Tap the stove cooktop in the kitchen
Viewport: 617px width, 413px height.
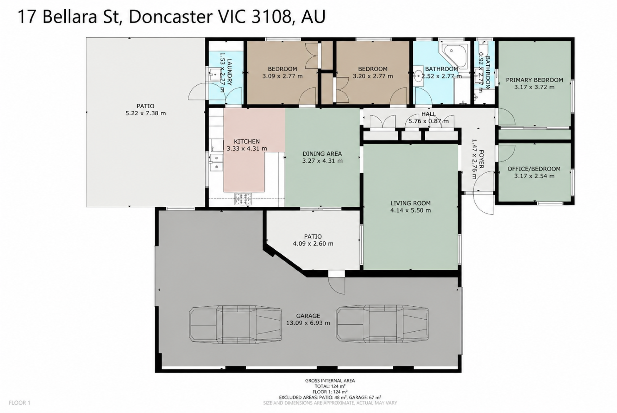(243, 199)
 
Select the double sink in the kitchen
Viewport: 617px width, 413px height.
(216, 162)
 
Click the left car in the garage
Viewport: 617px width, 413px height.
(235, 325)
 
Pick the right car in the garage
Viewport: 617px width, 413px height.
(382, 324)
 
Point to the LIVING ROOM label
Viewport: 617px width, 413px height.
(410, 203)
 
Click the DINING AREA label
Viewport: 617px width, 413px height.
(322, 153)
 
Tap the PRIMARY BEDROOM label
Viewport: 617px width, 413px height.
(534, 80)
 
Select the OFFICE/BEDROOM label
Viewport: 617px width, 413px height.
(534, 169)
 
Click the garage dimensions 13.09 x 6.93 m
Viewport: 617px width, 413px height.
(308, 323)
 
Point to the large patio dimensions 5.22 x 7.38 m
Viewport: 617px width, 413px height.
(146, 113)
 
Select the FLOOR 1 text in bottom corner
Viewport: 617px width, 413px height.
(19, 403)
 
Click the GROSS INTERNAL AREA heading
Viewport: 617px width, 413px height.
(330, 381)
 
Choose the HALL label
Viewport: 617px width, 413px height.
(429, 114)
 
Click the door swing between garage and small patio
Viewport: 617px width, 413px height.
(336, 285)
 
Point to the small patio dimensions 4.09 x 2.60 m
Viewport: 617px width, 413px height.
(313, 243)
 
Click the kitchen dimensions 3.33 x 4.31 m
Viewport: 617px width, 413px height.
(247, 149)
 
